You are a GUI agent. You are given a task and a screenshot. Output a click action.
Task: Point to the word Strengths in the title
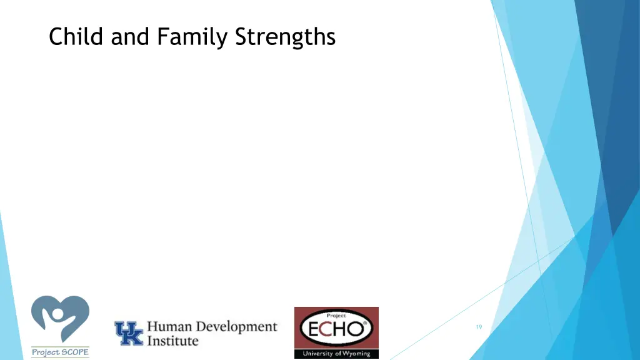[x=286, y=37]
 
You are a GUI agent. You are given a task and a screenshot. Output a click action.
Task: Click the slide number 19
[x=479, y=327]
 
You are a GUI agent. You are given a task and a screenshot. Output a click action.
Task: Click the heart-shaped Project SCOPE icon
[x=60, y=319]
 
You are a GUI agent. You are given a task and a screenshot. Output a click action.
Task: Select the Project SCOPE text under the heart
[x=60, y=352]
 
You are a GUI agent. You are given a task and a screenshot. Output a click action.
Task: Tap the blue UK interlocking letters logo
[x=128, y=333]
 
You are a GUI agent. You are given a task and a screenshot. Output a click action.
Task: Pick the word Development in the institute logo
[x=237, y=327]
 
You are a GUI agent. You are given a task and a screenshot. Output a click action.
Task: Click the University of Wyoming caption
[x=336, y=354]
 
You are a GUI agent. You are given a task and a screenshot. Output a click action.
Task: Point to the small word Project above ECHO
[x=336, y=316]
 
